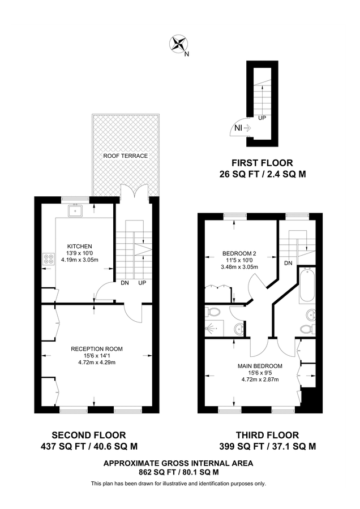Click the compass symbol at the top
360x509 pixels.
tap(180, 44)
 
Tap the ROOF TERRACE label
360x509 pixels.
tap(125, 156)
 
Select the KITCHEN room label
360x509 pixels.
tap(79, 246)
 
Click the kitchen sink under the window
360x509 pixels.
tap(75, 212)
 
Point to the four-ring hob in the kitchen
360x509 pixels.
tap(46, 261)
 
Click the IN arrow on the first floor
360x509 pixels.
tap(243, 129)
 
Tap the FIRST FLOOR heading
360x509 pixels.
tap(262, 163)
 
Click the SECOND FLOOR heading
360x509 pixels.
tap(89, 435)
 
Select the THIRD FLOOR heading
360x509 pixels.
tap(267, 435)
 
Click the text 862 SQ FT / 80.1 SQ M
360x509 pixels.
tap(178, 471)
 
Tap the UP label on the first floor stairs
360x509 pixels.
tap(262, 118)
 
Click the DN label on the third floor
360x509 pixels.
tap(288, 263)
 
